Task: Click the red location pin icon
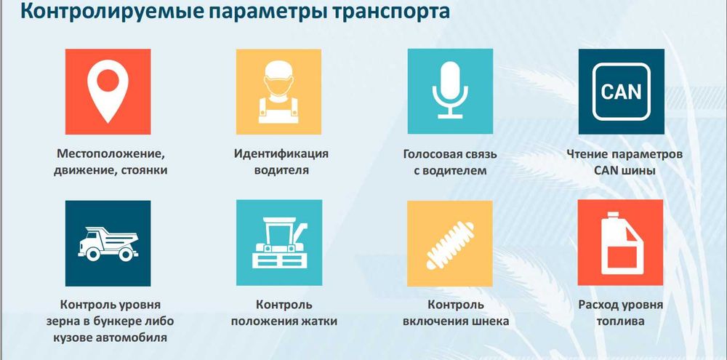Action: (x=108, y=92)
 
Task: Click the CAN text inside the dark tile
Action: (x=621, y=92)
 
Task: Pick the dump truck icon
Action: (x=108, y=244)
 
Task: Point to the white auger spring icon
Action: (x=450, y=244)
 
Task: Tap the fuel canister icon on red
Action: (x=620, y=244)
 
